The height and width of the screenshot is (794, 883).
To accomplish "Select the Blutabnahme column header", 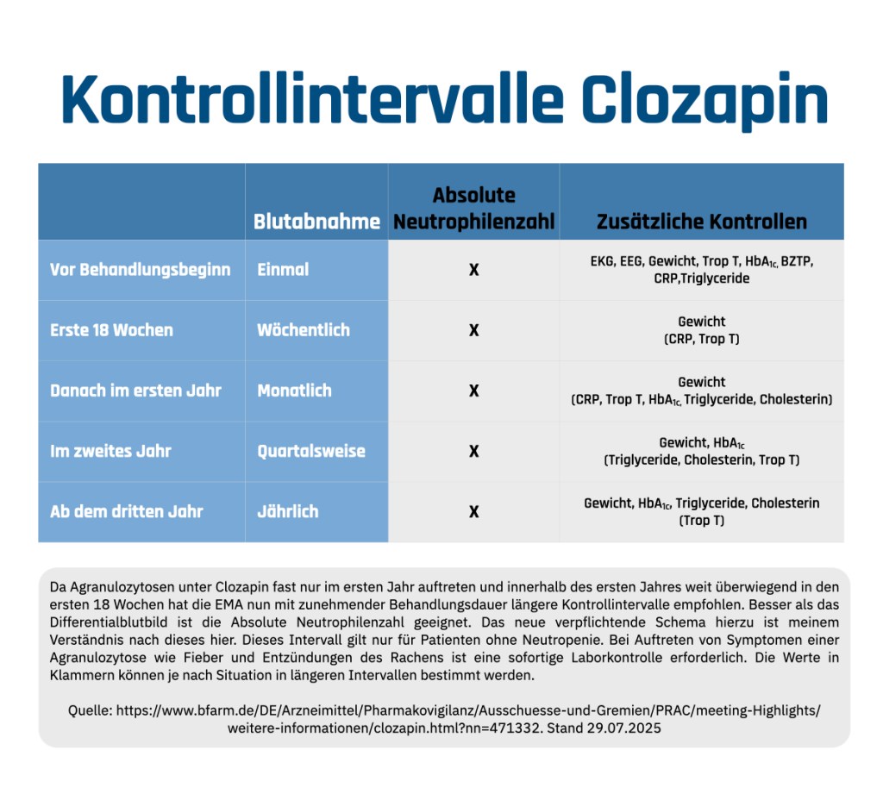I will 316,222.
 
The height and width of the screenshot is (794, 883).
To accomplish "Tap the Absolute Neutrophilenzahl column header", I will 473,208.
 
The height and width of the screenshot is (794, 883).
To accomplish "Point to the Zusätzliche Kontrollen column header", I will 702,222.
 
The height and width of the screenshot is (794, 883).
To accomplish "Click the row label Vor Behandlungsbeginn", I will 141,270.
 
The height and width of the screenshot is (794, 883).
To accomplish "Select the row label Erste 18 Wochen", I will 111,330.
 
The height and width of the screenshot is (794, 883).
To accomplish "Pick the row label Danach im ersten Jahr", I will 135,391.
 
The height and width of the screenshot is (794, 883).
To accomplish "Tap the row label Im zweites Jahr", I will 110,451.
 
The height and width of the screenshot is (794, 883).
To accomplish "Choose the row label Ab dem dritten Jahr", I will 126,511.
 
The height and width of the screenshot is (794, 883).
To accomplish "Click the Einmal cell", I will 283,270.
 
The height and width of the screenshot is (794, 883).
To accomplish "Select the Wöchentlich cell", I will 303,330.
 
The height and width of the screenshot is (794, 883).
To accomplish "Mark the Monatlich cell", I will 294,391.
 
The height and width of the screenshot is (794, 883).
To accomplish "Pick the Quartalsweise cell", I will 311,451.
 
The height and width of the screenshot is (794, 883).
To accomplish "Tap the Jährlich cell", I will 288,511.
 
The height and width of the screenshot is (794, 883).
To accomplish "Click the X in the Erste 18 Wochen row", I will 473,330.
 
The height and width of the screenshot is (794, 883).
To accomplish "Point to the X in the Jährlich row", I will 473,511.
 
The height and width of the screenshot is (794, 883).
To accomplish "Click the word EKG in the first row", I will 601,261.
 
